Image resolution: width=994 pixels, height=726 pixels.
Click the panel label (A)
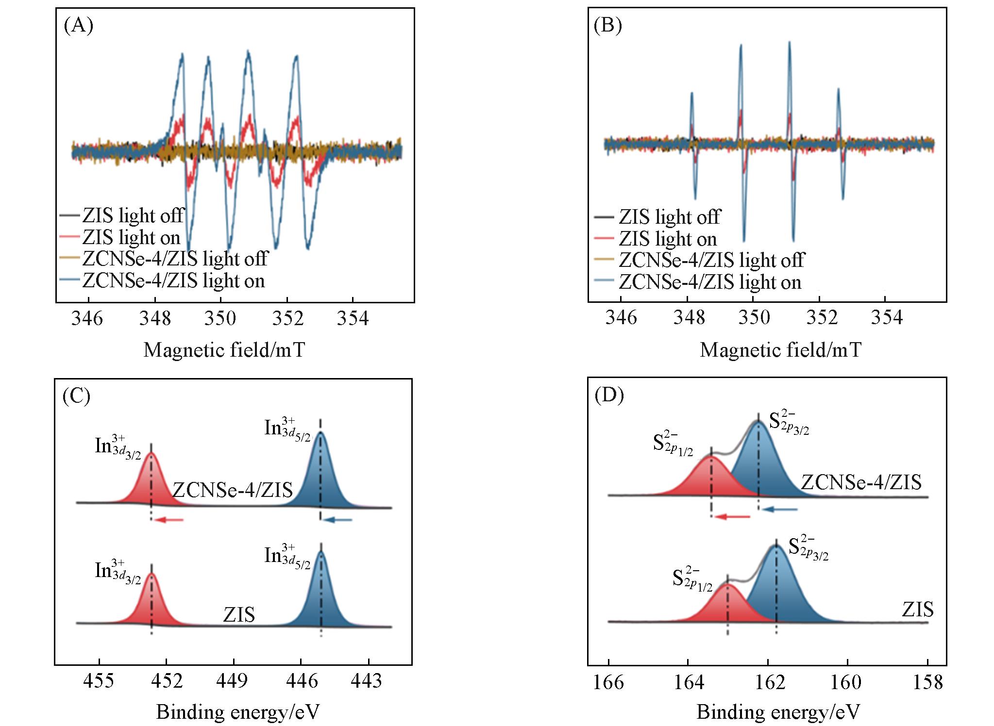78,26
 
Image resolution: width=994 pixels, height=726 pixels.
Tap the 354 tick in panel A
353,318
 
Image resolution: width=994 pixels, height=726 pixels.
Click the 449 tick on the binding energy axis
234,681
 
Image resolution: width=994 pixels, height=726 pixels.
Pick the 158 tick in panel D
928,682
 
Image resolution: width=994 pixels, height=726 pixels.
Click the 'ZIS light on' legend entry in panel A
131,237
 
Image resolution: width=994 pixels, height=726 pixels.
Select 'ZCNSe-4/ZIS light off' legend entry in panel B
711,260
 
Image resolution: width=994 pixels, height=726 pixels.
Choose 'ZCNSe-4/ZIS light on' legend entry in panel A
173,280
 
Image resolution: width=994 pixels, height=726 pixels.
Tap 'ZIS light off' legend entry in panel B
669,216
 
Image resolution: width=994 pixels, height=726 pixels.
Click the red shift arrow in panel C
171,520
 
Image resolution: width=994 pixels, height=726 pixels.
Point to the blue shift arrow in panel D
780,509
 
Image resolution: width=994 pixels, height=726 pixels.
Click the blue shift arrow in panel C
338,520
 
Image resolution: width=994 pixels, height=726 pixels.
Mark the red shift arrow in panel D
733,517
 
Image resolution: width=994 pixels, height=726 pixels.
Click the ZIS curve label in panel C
239,615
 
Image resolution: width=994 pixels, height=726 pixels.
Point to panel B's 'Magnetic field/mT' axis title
780,349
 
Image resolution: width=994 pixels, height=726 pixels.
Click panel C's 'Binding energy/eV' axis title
238,711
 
